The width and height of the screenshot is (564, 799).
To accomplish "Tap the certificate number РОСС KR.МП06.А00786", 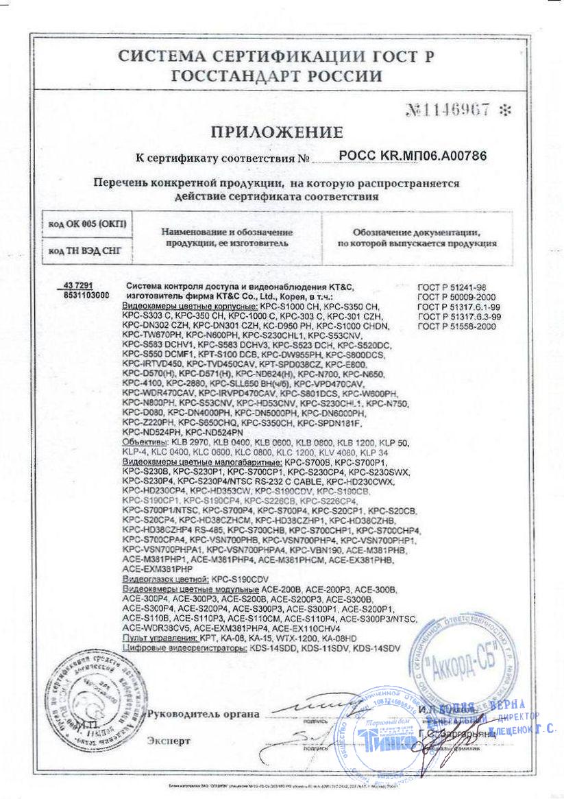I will [413, 156].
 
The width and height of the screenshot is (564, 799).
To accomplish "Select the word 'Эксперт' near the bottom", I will [169, 741].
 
